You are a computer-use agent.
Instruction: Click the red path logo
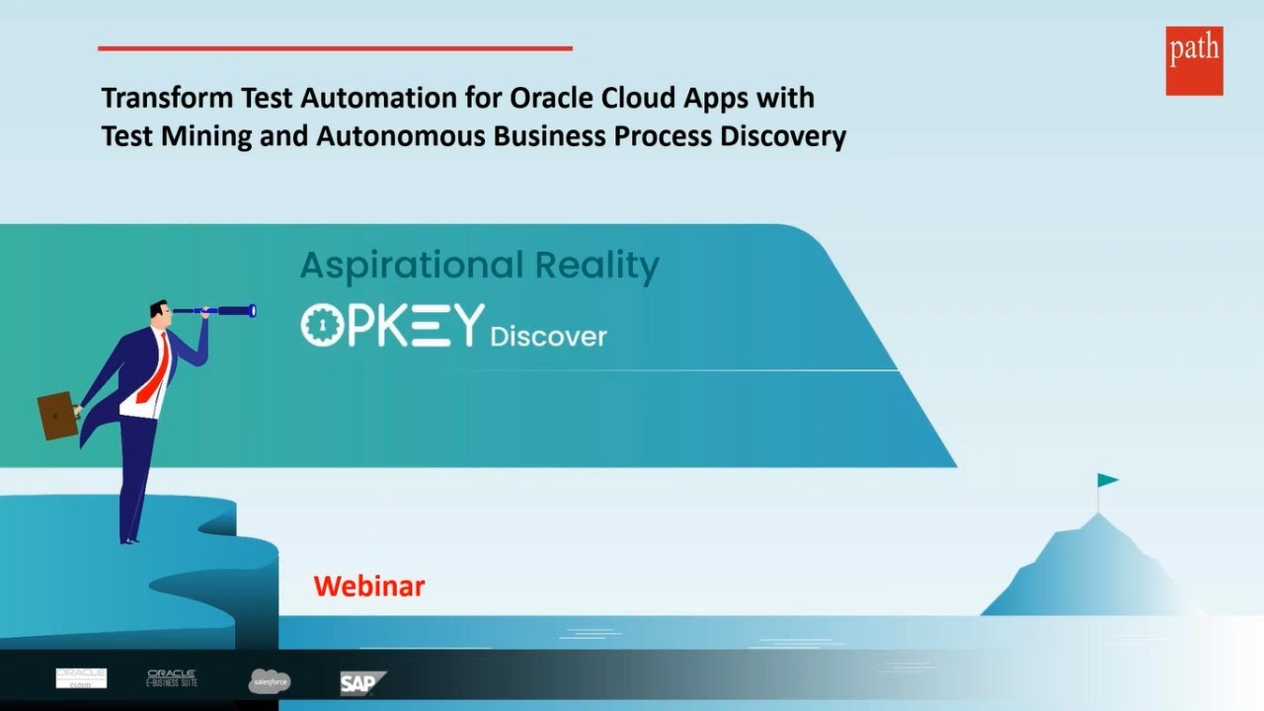(1194, 60)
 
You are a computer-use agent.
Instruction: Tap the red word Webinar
(369, 587)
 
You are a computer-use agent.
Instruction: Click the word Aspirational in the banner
(412, 266)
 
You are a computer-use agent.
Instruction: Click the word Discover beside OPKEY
(548, 337)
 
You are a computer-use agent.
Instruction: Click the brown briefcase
(57, 415)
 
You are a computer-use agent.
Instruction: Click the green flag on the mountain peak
(1107, 481)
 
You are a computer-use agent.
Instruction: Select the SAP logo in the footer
(362, 682)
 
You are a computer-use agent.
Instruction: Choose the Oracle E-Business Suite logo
(173, 677)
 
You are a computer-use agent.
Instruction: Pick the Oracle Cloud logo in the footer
(81, 677)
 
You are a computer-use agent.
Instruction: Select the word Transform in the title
(165, 98)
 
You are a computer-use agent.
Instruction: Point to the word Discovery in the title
(782, 136)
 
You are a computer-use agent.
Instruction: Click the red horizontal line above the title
(335, 47)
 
